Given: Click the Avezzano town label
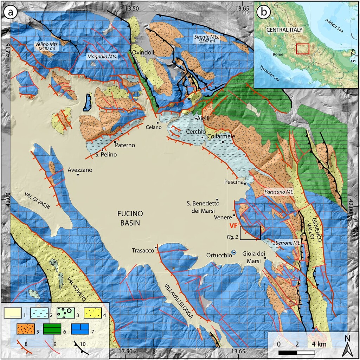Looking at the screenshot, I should coord(80,170).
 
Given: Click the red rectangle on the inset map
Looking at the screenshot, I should coord(302,49).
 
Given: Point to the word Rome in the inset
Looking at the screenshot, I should coord(278,55).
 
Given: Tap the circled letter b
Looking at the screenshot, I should coord(264,12).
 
